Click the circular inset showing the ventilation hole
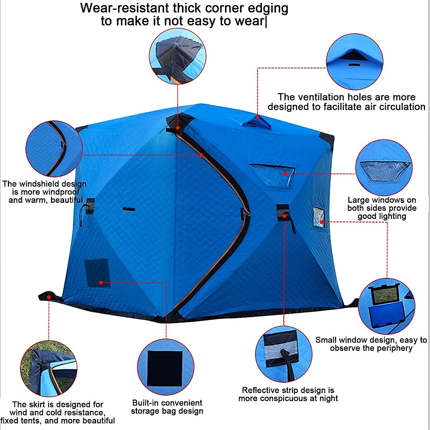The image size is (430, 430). point(354,62)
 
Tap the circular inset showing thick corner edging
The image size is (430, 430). point(177,56)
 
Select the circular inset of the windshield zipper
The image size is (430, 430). point(54,149)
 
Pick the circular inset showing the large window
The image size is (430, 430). point(384,168)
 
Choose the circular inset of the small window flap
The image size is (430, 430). point(387,306)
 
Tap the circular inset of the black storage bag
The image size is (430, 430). point(166,367)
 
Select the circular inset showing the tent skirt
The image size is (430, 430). point(49,368)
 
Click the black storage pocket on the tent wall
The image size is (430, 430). point(97,272)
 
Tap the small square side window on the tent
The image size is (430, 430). point(318,217)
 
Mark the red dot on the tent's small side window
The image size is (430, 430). point(322,222)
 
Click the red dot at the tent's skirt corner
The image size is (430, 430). point(49,297)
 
